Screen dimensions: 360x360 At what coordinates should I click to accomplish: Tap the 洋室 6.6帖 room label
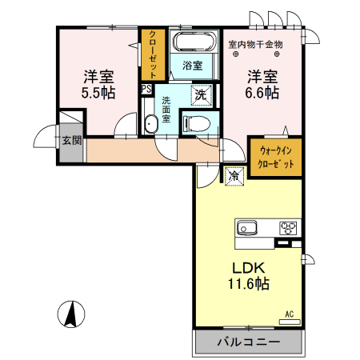coord(262,85)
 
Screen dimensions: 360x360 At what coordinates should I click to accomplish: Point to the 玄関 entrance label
coord(72,141)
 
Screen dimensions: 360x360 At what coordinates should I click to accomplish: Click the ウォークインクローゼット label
coord(276,157)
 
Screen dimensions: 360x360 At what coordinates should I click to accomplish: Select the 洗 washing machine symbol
coord(202,94)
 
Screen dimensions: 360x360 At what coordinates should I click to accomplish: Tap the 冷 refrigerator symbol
coord(235,174)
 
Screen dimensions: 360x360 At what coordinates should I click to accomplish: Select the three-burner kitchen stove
coord(288,228)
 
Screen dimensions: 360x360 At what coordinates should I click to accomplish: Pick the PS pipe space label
coord(146,89)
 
